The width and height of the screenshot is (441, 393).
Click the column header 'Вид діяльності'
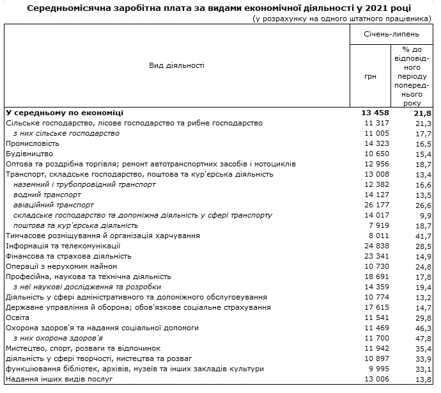pyautogui.click(x=176, y=65)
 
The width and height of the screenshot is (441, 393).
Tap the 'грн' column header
pyautogui.click(x=371, y=76)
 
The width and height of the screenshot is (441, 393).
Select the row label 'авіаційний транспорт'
pyautogui.click(x=53, y=205)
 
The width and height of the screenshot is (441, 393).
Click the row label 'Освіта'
pyautogui.click(x=17, y=317)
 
